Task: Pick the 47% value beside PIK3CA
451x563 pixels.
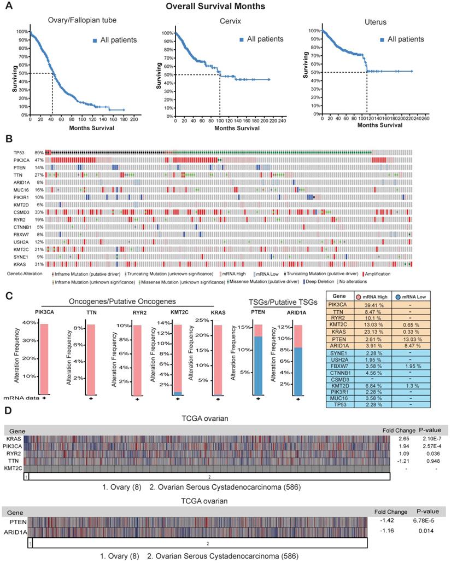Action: [x=39, y=159]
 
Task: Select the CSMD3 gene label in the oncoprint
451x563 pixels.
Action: [x=15, y=211]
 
